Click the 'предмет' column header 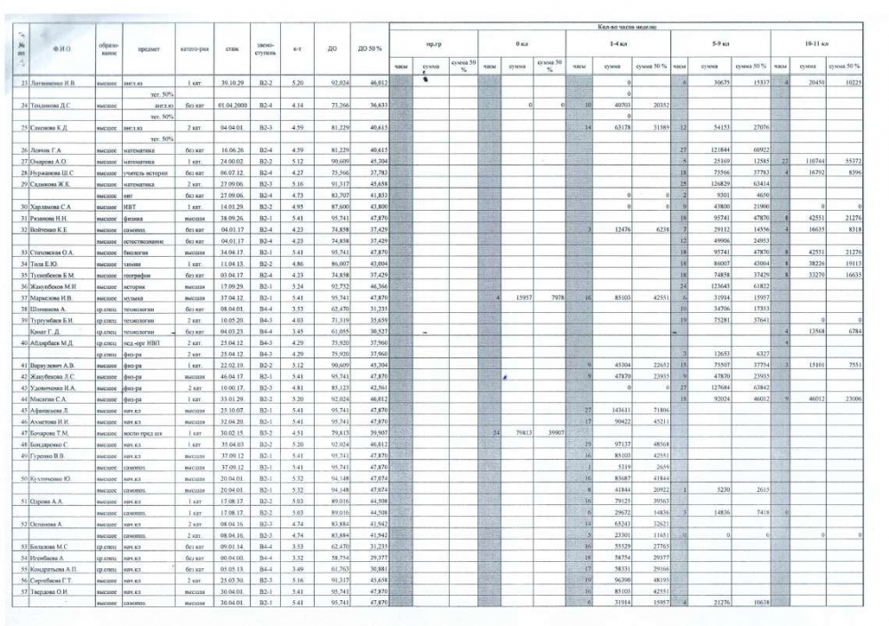tap(149, 48)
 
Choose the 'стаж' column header tap(232, 48)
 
